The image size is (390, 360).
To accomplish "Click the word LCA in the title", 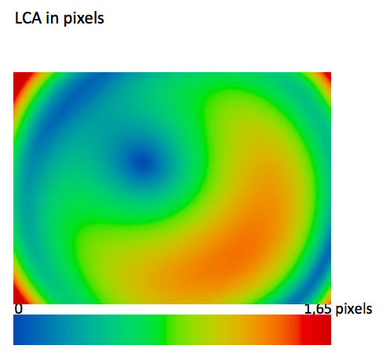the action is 28,18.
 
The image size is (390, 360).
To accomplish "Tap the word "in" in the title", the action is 52,18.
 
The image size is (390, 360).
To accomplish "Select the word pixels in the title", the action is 83,19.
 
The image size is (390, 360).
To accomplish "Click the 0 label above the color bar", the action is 19,309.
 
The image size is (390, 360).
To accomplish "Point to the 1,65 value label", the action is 318,309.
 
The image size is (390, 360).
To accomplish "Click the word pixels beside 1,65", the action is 354,309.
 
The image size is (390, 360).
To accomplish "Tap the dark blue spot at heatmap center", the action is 144,163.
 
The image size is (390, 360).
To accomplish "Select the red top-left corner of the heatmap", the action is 20,80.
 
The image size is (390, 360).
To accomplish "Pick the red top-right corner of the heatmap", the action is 327,76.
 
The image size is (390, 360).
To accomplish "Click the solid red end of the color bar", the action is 316,329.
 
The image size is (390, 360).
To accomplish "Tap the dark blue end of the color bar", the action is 22,329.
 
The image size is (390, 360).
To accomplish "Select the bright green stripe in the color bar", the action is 163,329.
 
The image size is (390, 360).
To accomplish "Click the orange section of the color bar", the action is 264,329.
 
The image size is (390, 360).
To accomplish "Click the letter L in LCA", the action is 18,19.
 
